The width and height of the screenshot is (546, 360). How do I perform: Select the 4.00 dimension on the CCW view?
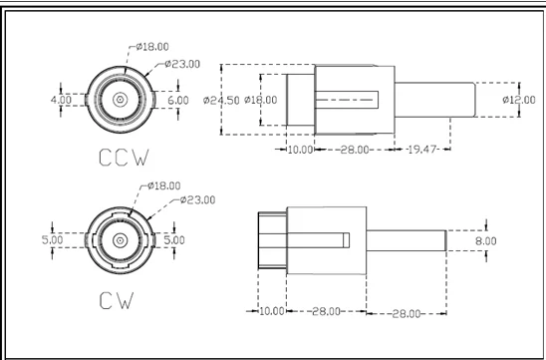pyautogui.click(x=61, y=101)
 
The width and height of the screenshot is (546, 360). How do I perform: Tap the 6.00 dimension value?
pyautogui.click(x=178, y=101)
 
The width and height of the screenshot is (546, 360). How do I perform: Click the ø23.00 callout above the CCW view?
pyautogui.click(x=182, y=63)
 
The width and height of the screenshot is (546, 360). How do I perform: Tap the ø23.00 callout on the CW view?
pyautogui.click(x=198, y=199)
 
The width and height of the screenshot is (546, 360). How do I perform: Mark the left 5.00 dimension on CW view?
pyautogui.click(x=53, y=240)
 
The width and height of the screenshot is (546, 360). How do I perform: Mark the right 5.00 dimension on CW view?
pyautogui.click(x=173, y=240)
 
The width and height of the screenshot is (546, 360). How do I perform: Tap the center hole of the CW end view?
pyautogui.click(x=119, y=240)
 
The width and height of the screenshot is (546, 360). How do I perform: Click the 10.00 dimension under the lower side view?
pyautogui.click(x=272, y=311)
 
